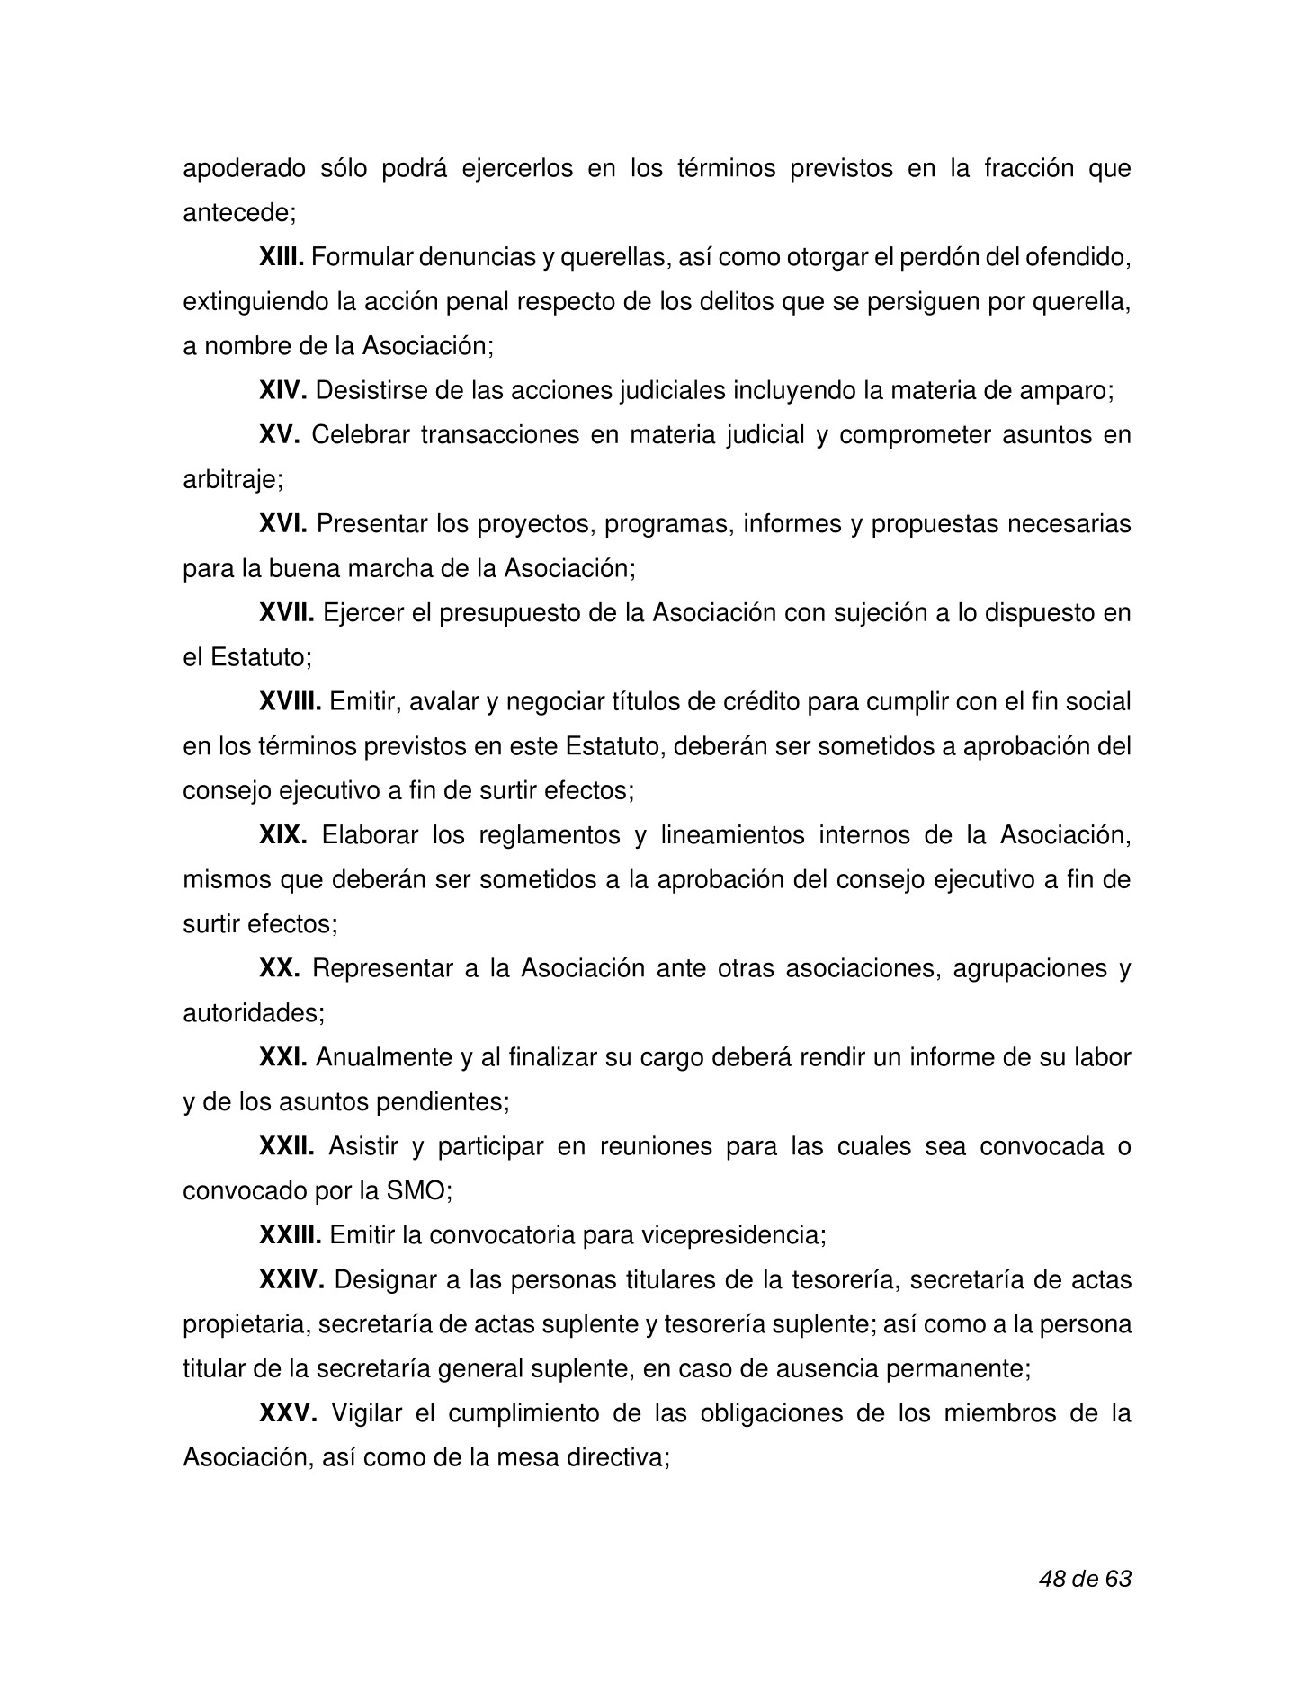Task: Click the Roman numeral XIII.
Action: [x=282, y=258]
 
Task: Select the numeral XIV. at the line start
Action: [x=283, y=391]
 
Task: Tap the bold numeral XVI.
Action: [x=283, y=523]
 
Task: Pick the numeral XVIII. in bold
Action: [x=290, y=701]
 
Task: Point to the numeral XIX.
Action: [x=283, y=835]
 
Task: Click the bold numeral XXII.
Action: [x=286, y=1147]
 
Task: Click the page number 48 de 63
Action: [x=1084, y=1578]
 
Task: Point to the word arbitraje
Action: [x=232, y=480]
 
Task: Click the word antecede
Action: [x=237, y=213]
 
